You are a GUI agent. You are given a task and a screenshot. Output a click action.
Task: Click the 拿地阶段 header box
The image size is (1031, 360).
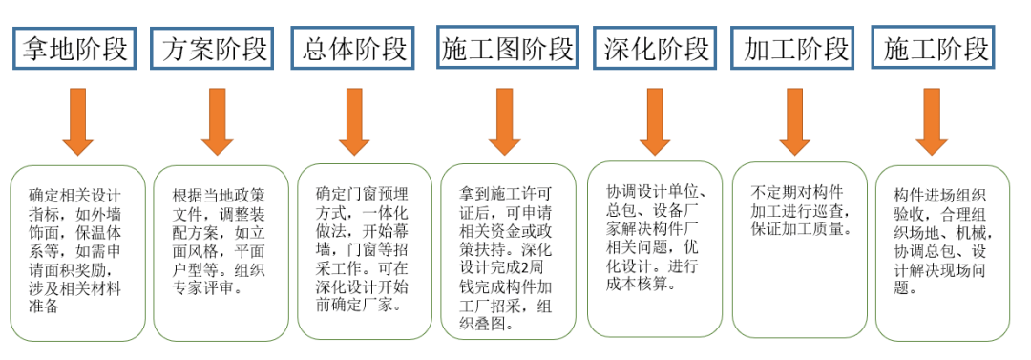[74, 47]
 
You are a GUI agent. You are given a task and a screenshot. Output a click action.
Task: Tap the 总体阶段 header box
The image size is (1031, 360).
[354, 47]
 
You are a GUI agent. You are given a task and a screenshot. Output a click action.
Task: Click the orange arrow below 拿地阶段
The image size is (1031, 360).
[77, 121]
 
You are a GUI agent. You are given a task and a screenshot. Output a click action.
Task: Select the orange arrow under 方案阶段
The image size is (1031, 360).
[217, 121]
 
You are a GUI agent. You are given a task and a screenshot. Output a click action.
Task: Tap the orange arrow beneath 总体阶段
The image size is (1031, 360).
[354, 121]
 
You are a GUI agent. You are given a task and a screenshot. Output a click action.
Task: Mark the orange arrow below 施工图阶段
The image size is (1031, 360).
[504, 121]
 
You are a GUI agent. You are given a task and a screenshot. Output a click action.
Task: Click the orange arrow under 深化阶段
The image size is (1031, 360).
[655, 121]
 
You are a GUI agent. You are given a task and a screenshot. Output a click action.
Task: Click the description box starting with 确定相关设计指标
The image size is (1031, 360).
[78, 253]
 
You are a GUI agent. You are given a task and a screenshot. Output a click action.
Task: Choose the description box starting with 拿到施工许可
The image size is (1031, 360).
[509, 253]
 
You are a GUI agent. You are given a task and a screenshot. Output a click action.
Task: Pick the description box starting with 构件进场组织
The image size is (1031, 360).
[942, 253]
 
